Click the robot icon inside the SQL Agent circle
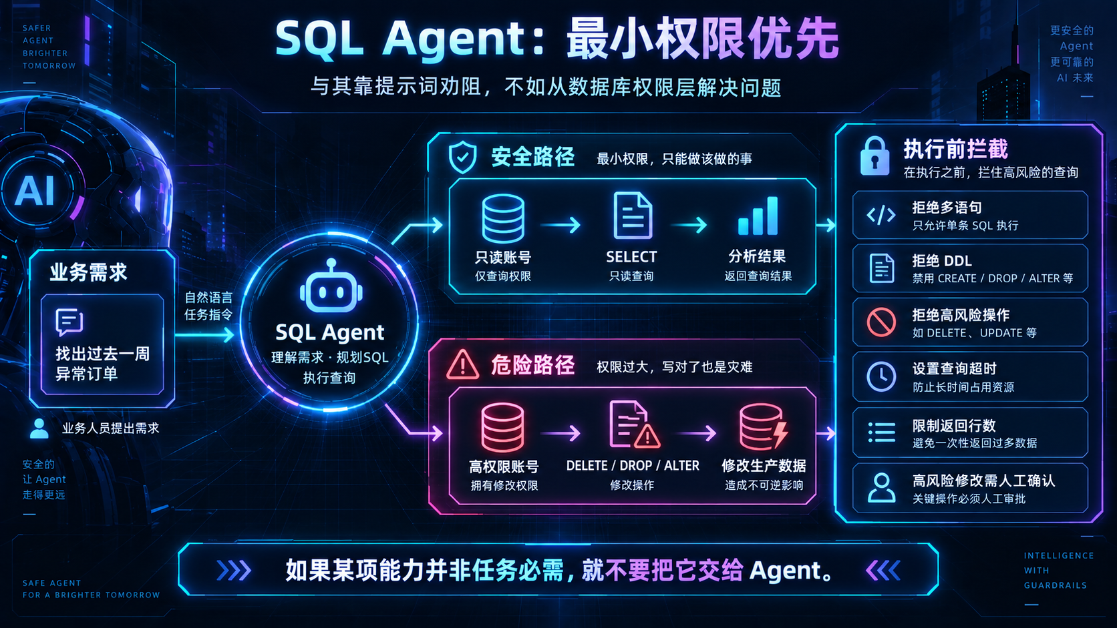331,286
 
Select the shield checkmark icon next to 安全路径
462,157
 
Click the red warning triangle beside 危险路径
462,365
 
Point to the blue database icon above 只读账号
502,218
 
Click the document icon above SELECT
632,216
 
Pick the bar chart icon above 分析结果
758,216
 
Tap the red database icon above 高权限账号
502,427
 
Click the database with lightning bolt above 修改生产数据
764,427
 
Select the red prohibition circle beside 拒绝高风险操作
881,322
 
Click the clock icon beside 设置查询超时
881,376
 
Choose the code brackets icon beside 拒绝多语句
881,215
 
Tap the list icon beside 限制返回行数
881,432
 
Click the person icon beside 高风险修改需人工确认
881,487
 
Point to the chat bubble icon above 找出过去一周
69,322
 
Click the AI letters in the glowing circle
35,191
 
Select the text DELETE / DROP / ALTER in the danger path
632,466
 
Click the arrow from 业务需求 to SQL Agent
205,334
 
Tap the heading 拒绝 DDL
942,261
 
